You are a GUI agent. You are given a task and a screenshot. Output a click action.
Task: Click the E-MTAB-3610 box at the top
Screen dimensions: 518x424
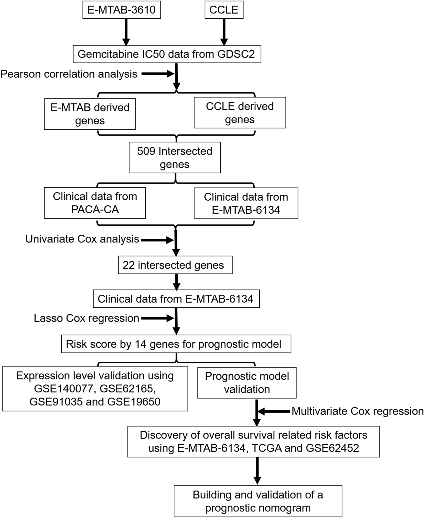tap(122, 10)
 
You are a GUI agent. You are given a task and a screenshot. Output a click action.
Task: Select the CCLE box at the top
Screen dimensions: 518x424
tap(224, 10)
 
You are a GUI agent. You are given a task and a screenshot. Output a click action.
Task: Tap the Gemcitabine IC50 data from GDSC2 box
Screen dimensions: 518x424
tap(167, 54)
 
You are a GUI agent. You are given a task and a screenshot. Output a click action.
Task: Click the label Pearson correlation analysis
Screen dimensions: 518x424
tap(69, 74)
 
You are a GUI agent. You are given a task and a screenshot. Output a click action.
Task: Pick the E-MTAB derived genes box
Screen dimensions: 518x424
tap(90, 114)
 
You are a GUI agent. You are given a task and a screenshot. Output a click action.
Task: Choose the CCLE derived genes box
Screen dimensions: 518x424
tap(240, 113)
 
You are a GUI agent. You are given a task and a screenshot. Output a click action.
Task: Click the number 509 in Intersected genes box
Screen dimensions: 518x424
tap(146, 151)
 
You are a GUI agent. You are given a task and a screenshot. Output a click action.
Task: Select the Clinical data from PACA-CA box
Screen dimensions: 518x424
tap(95, 203)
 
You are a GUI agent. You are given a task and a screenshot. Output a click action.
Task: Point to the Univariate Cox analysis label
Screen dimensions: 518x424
tap(82, 239)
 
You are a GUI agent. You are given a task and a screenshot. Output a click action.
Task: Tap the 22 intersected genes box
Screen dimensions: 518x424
tap(175, 265)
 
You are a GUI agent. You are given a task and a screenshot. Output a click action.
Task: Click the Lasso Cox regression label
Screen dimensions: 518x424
tap(86, 318)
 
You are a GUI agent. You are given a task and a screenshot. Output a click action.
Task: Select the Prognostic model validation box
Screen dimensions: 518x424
tap(247, 383)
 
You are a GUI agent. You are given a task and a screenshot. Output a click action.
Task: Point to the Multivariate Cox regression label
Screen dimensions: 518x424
tap(358, 411)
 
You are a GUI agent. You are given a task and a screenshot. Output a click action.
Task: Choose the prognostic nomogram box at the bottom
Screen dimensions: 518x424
tap(258, 501)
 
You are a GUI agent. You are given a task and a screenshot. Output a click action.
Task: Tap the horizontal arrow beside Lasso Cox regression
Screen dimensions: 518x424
tap(158, 318)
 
